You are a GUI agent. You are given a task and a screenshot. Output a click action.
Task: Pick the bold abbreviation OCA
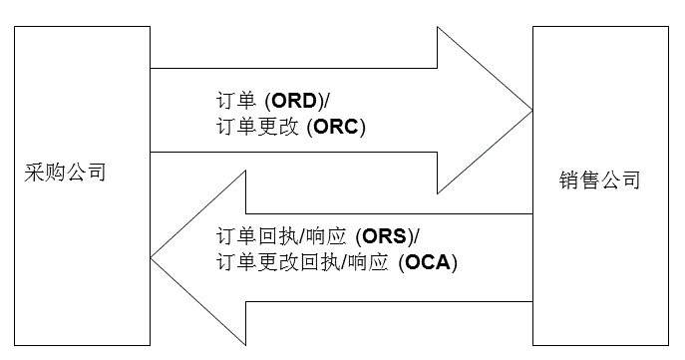pyautogui.click(x=430, y=263)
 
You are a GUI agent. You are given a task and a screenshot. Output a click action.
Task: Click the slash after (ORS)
pyautogui.click(x=417, y=238)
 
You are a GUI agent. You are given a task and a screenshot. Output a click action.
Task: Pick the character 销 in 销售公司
pyautogui.click(x=568, y=181)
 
